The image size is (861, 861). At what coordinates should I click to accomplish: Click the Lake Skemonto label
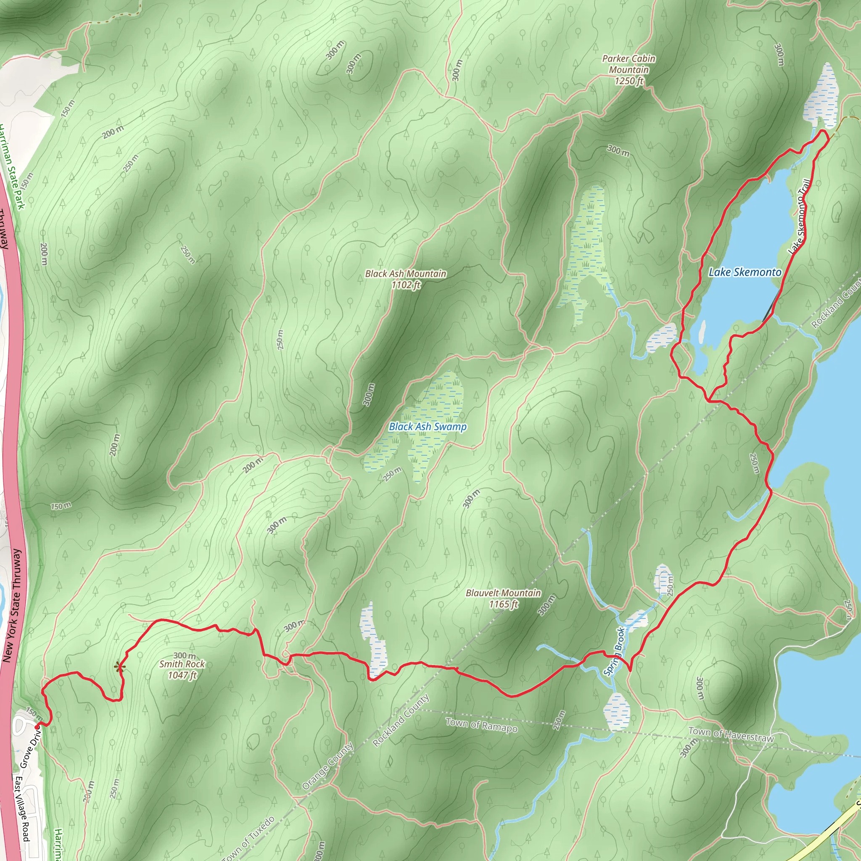point(745,272)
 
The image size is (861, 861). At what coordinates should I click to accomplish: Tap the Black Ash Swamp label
point(428,426)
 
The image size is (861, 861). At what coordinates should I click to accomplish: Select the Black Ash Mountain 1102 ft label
point(406,280)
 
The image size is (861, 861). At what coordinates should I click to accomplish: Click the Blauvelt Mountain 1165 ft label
point(503,599)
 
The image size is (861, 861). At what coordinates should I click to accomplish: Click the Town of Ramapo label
point(481,725)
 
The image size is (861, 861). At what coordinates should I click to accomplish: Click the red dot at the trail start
point(37,727)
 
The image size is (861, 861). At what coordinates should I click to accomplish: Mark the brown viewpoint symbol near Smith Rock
point(119,667)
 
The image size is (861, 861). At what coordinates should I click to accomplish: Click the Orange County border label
point(327,766)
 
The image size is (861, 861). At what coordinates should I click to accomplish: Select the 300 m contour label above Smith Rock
point(185,655)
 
